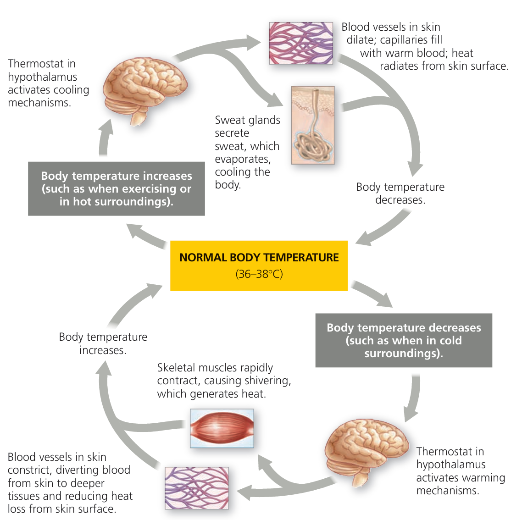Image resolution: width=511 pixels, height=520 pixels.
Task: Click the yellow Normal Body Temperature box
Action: point(259,265)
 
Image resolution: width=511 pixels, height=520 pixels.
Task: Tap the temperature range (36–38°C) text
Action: point(259,274)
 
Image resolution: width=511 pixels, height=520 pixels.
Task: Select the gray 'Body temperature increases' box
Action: point(117,188)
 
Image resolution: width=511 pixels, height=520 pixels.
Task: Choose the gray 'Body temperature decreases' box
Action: point(404,340)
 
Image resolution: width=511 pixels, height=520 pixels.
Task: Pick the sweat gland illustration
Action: point(313,125)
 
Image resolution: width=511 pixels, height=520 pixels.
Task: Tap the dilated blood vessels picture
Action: point(300,43)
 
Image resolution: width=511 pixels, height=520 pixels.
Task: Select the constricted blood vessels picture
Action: point(196,488)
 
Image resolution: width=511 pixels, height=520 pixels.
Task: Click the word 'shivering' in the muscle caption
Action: point(270,381)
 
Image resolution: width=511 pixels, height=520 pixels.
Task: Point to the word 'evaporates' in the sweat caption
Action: point(243,159)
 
